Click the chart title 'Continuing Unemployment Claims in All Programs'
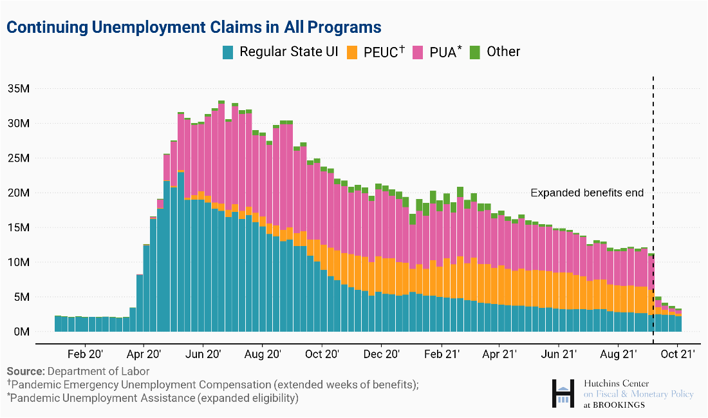pos(194,27)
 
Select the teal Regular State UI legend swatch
pos(228,52)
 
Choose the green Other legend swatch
pos(475,52)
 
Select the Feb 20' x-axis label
pos(85,354)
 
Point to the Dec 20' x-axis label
pos(382,354)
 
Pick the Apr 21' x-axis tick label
pos(499,354)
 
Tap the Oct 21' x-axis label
pos(678,354)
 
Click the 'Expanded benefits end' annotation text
pos(587,193)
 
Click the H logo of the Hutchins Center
pos(563,394)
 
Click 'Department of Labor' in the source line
pos(98,372)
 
